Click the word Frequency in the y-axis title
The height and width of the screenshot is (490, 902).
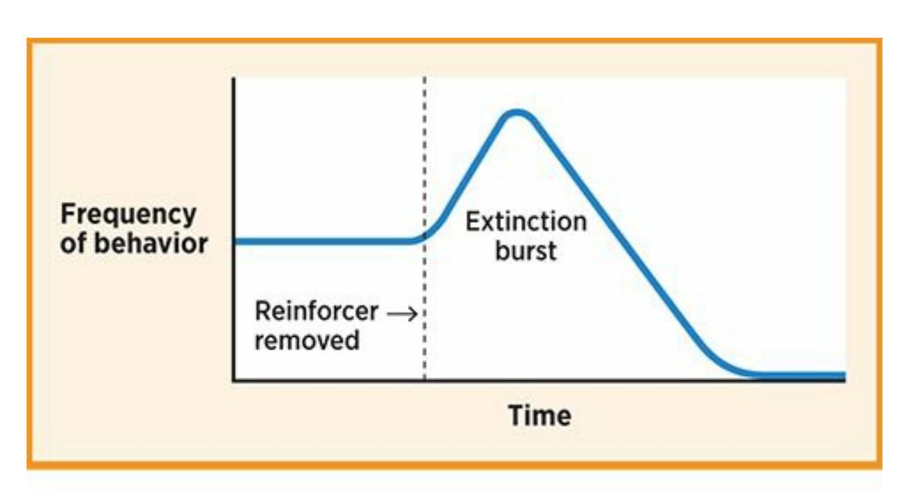coord(129,215)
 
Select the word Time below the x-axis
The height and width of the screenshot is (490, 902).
coord(539,415)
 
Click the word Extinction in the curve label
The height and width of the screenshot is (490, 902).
coord(526,222)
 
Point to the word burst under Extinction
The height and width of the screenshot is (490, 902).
coord(526,250)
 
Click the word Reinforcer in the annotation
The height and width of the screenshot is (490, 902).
coord(317,311)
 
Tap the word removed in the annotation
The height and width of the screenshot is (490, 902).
coord(307,340)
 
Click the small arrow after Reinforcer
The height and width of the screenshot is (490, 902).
coord(402,314)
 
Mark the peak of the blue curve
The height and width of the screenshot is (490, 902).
coord(516,113)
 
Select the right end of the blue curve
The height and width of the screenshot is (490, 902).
coord(844,376)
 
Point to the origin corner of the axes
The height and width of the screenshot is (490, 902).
coord(234,380)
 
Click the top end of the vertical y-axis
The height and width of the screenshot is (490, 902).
coord(233,79)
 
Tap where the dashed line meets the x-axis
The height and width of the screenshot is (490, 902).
coord(424,379)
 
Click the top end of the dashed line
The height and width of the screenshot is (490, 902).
coord(424,78)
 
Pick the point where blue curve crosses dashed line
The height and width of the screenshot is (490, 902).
coord(424,236)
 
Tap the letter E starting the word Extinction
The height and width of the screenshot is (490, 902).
coord(472,222)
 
